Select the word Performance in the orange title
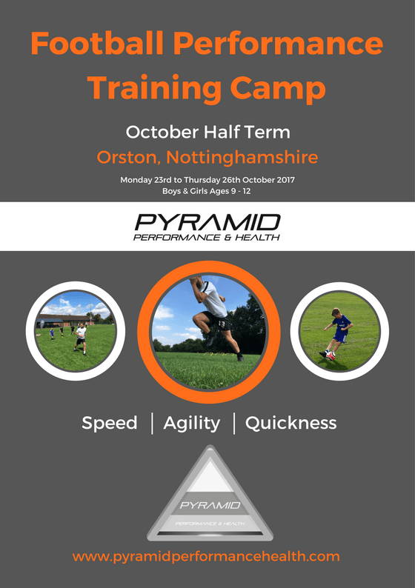(288, 44)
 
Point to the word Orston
(127, 158)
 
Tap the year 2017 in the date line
(280, 180)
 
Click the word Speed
(110, 424)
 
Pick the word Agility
(192, 424)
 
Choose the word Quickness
(290, 424)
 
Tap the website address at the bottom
(207, 556)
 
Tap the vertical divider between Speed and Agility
(152, 423)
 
